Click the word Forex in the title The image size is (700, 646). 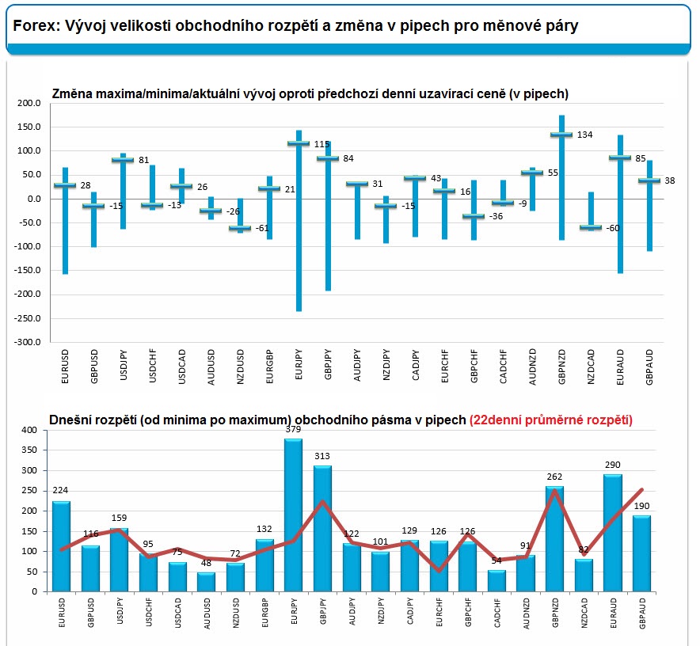click(32, 25)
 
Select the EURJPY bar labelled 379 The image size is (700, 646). click(294, 515)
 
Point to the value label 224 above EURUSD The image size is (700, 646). click(61, 489)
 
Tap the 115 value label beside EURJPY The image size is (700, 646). click(321, 144)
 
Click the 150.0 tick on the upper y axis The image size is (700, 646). click(28, 127)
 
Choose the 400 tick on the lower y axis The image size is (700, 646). click(29, 430)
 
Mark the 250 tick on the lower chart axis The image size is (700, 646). click(29, 491)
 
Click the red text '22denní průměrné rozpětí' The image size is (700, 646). click(550, 420)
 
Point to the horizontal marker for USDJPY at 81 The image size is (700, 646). click(123, 160)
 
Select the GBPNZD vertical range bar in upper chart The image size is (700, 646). click(561, 177)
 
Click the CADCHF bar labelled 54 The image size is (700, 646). click(496, 580)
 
